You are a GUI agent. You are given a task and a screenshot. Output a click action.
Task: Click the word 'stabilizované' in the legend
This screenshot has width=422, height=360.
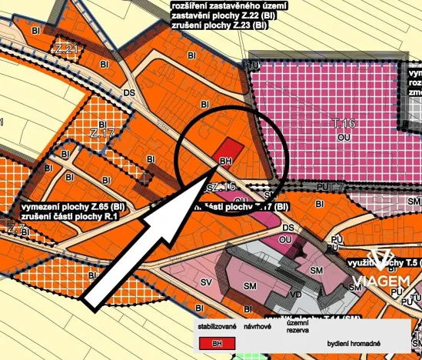click(216, 326)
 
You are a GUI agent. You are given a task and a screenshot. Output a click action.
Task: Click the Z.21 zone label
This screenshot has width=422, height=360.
click(68, 52)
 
